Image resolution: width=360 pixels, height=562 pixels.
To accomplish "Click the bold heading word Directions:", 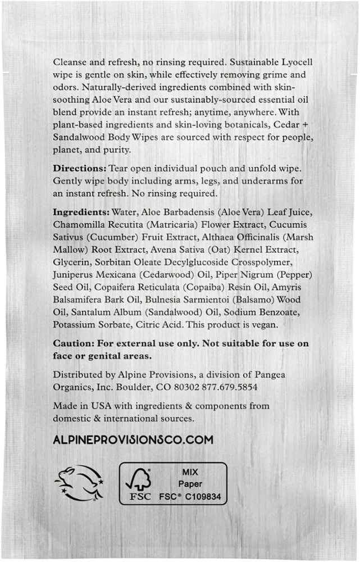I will (78, 168).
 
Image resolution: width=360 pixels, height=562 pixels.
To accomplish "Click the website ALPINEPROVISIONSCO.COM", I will (133, 440).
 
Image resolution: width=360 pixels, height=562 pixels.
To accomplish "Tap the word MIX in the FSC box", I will (190, 472).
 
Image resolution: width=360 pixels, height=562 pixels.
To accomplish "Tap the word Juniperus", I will (74, 275).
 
